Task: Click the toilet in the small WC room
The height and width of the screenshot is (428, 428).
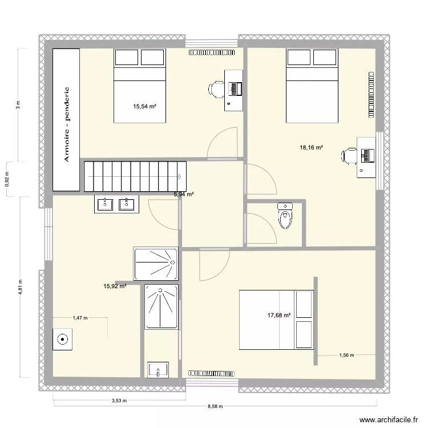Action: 285,215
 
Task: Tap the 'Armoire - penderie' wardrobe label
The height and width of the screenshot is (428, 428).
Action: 67,124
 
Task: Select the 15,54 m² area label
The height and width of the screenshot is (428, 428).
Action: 145,106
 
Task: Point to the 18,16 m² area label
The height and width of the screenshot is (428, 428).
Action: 312,148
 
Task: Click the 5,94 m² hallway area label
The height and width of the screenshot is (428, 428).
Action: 184,195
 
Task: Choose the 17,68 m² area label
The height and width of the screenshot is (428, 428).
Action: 280,314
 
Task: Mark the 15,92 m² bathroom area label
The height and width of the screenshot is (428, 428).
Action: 114,286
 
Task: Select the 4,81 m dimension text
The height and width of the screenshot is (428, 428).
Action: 20,288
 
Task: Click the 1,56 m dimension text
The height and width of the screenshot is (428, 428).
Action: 347,356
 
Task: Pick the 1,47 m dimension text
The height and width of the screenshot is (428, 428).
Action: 80,318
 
